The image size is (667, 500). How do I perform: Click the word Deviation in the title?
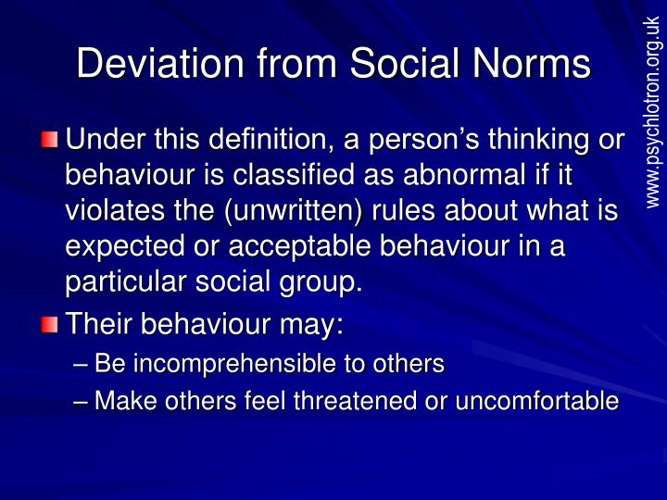coord(160,63)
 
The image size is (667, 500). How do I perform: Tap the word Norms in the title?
coord(532,63)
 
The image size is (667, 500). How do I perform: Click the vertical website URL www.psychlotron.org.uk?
coord(654,113)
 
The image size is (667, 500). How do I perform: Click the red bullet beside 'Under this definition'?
coord(49,140)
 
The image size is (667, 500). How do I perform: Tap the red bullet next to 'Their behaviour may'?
coord(49,325)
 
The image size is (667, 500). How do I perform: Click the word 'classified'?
coord(294,174)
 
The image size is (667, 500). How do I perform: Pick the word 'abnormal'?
coord(464,174)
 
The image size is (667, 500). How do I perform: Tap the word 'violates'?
coord(115,210)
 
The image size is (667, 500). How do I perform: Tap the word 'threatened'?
coord(355,401)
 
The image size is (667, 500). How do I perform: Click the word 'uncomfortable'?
coord(536,401)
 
